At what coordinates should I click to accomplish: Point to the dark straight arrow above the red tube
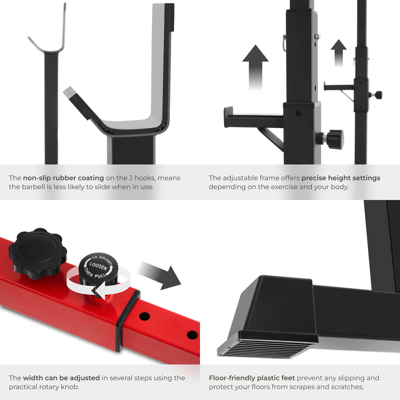point(159,276)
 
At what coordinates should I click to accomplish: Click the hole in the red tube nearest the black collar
point(144,316)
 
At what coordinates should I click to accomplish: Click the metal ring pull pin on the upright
point(284,42)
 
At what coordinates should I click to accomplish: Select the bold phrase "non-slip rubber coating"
point(63,178)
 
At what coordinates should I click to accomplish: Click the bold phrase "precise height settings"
point(341,178)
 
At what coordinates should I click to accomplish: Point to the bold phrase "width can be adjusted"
point(61,378)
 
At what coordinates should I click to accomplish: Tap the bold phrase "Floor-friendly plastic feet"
point(252,378)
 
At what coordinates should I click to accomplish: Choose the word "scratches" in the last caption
point(348,387)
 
